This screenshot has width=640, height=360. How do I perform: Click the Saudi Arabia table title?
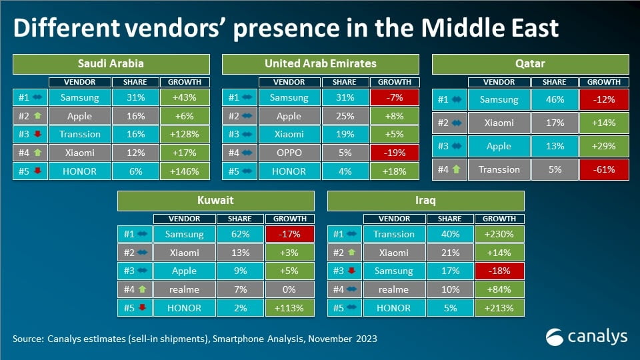(111, 64)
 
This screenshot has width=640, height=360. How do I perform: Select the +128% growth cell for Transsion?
(185, 134)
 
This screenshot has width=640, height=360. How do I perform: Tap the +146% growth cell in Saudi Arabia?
(185, 171)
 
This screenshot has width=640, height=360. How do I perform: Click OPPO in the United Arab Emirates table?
(289, 153)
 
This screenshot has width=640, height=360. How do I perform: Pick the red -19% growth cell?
(394, 153)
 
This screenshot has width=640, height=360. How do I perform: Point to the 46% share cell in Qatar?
(555, 99)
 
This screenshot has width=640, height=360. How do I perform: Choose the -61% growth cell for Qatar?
(604, 169)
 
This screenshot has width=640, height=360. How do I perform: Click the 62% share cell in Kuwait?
(240, 234)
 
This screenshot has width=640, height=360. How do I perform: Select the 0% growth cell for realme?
(289, 289)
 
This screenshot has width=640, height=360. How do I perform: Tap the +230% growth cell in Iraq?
(499, 234)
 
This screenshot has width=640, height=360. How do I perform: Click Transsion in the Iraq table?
(394, 234)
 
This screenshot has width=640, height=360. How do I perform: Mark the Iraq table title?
(426, 201)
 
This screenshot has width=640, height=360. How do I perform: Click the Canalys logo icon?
(554, 337)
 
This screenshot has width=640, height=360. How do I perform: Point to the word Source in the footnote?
(27, 339)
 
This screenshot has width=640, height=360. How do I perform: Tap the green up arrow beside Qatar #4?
(456, 169)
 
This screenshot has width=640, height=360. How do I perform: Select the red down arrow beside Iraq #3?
(351, 270)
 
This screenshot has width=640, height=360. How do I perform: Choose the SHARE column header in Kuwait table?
(240, 219)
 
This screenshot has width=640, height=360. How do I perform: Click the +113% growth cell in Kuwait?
(289, 308)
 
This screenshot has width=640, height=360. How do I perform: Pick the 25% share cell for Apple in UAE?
(345, 116)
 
